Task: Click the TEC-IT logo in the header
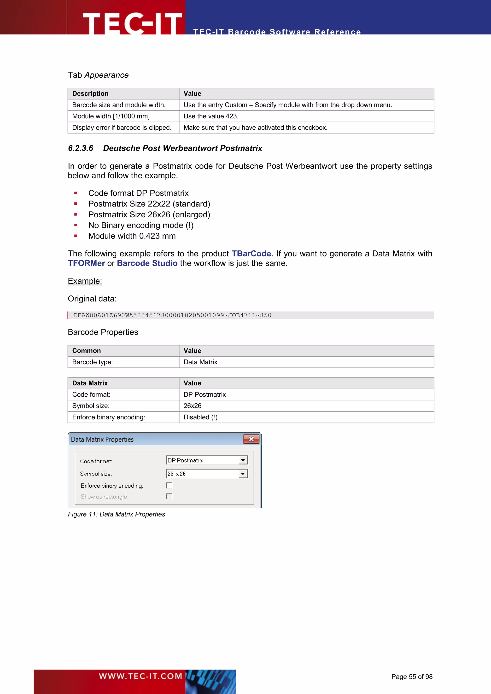(132, 23)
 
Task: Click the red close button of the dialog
(251, 439)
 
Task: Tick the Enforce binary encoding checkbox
(169, 486)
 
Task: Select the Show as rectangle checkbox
(169, 496)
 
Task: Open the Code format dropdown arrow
(243, 460)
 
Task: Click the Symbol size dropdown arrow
(243, 474)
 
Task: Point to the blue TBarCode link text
(251, 254)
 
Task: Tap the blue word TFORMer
(86, 263)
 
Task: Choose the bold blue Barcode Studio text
(147, 263)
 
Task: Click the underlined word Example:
(85, 281)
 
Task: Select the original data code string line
(172, 315)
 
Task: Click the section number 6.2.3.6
(80, 148)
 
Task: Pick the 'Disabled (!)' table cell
(200, 417)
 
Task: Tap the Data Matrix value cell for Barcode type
(200, 362)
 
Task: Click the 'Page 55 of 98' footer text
(412, 677)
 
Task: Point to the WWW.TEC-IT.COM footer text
(140, 676)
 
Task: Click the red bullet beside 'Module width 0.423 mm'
(76, 236)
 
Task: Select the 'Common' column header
(87, 351)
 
